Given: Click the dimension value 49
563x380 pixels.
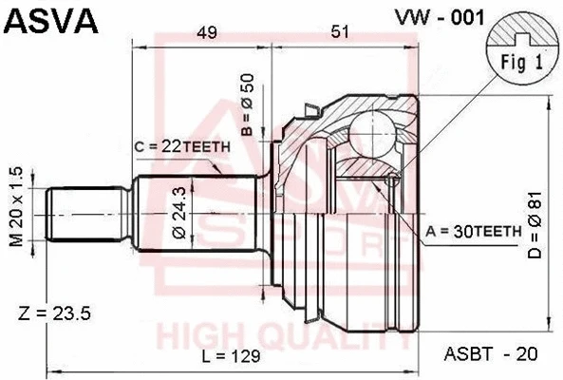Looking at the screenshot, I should tap(206, 33).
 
